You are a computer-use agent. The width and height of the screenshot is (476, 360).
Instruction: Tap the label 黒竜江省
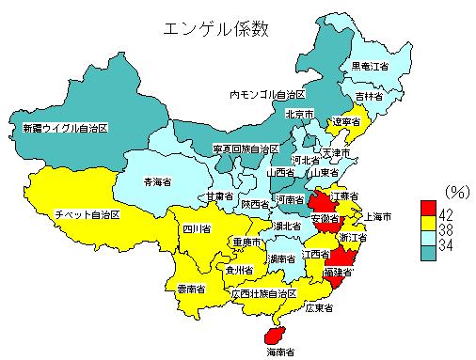369,66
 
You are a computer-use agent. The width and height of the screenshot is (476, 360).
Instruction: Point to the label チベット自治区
87,215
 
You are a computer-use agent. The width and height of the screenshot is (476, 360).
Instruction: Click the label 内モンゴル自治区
268,95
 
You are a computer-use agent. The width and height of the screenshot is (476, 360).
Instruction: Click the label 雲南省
191,287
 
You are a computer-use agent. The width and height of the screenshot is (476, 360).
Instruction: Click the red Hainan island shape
275,335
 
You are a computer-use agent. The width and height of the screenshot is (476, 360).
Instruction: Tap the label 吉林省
369,96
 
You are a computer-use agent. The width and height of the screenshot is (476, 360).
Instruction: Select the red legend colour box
428,207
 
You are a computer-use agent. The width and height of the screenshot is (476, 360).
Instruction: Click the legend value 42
447,214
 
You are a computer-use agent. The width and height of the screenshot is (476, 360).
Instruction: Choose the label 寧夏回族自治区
246,149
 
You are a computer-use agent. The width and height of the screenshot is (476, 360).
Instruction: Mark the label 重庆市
246,242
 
